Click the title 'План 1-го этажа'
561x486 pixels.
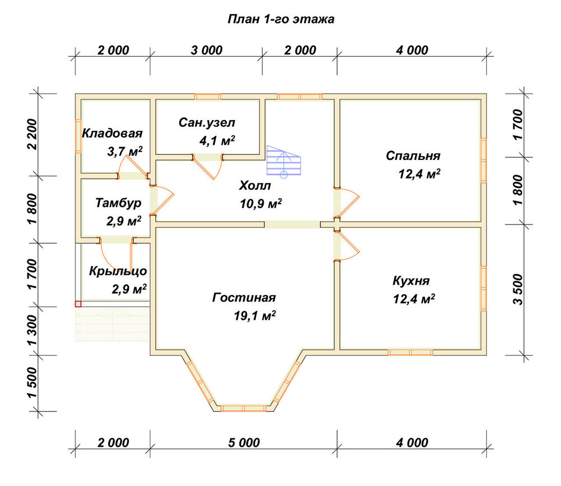pyautogui.click(x=281, y=19)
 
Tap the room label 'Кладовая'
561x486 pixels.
pyautogui.click(x=112, y=134)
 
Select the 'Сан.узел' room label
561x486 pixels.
pyautogui.click(x=207, y=123)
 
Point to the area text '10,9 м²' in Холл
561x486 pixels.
pyautogui.click(x=261, y=204)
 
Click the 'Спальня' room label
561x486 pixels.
pyautogui.click(x=413, y=155)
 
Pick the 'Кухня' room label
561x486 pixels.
pyautogui.click(x=411, y=281)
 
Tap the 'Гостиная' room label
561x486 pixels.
pyautogui.click(x=244, y=297)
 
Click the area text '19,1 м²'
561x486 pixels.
pyautogui.click(x=255, y=315)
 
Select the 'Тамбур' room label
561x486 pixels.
pyautogui.click(x=118, y=203)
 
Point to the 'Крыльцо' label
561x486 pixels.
pyautogui.click(x=118, y=271)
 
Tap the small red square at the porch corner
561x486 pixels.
pyautogui.click(x=78, y=304)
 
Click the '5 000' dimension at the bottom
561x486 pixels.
pyautogui.click(x=244, y=443)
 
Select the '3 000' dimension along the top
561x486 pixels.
pyautogui.click(x=206, y=51)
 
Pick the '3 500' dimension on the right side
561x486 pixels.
pyautogui.click(x=517, y=290)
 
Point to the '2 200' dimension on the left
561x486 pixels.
pyautogui.click(x=32, y=135)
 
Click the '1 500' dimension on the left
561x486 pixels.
pyautogui.click(x=32, y=383)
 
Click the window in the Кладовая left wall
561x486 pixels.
pyautogui.click(x=78, y=136)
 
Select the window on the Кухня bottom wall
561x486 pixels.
pyautogui.click(x=411, y=352)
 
